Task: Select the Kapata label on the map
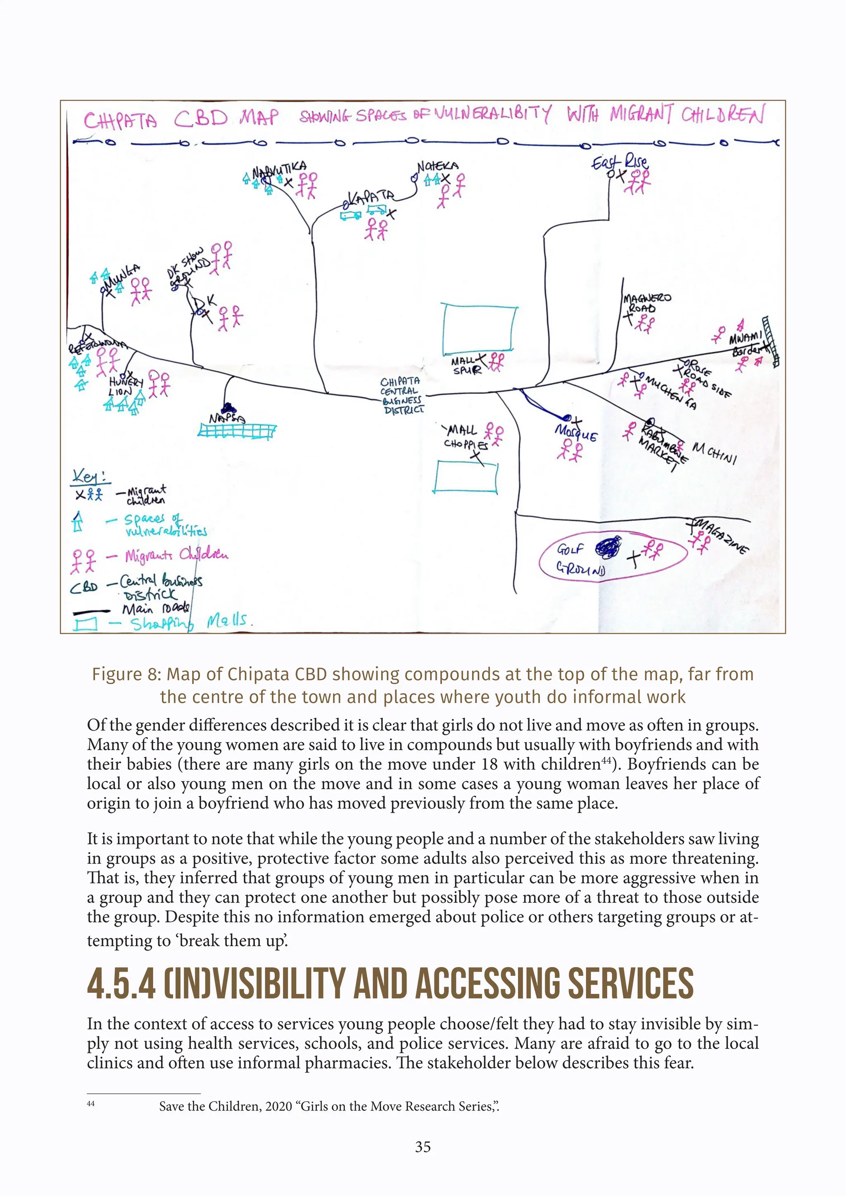[x=371, y=197]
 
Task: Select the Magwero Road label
[x=646, y=303]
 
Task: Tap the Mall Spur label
[x=465, y=365]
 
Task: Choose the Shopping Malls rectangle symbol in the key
[x=85, y=624]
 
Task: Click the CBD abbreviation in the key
[x=84, y=587]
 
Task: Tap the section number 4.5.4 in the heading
[x=121, y=984]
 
